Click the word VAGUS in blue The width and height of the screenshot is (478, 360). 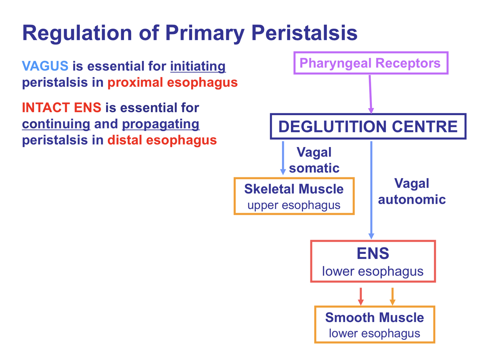pyautogui.click(x=45, y=66)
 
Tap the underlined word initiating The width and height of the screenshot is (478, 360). pyautogui.click(x=198, y=66)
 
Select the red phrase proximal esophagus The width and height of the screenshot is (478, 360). pyautogui.click(x=172, y=82)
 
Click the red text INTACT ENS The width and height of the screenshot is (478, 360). pyautogui.click(x=62, y=108)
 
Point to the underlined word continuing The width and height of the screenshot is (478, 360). pyautogui.click(x=56, y=124)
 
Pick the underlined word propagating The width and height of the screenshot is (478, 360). pyautogui.click(x=161, y=124)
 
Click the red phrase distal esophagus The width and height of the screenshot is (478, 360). pyautogui.click(x=162, y=140)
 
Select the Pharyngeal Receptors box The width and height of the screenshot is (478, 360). pyautogui.click(x=371, y=63)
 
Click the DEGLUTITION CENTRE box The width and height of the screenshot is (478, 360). pyautogui.click(x=368, y=127)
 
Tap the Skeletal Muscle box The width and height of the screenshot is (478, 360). pyautogui.click(x=294, y=196)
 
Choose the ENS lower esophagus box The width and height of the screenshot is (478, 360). pyautogui.click(x=373, y=261)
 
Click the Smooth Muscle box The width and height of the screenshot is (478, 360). pyautogui.click(x=374, y=325)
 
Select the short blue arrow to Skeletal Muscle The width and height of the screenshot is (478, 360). pyautogui.click(x=283, y=158)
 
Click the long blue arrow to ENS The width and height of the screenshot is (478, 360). pyautogui.click(x=371, y=190)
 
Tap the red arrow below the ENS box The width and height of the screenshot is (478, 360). pyautogui.click(x=361, y=296)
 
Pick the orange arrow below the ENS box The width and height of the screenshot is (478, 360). pyautogui.click(x=392, y=296)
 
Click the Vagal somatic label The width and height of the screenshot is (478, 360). pyautogui.click(x=314, y=160)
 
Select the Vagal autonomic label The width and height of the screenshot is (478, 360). pyautogui.click(x=412, y=191)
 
